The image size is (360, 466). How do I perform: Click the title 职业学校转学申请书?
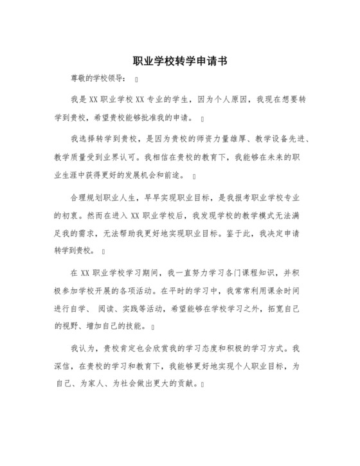tap(179, 62)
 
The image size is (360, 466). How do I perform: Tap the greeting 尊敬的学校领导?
tap(98, 80)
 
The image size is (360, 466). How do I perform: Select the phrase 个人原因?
tap(222, 102)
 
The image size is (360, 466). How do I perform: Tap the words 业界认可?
tap(121, 156)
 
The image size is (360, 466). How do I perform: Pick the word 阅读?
tap(113, 308)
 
